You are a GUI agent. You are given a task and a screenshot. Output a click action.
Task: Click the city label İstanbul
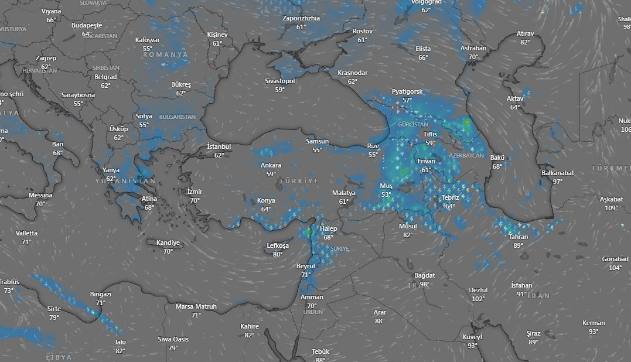[x=219, y=146]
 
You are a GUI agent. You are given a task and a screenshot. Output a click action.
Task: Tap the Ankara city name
[x=271, y=166]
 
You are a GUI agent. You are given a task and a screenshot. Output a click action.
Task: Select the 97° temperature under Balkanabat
[x=557, y=182]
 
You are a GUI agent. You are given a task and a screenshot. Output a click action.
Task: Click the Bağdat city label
[x=424, y=275]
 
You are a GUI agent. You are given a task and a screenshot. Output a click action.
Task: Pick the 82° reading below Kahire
[x=250, y=335]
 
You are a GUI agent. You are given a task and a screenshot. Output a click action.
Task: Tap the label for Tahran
[x=518, y=237]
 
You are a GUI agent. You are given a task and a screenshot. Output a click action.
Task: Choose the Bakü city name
[x=497, y=158]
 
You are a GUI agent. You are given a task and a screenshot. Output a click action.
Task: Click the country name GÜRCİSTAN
[x=413, y=125]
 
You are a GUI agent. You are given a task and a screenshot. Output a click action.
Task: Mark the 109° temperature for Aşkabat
[x=612, y=208]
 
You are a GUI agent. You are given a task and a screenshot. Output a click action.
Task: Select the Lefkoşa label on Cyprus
[x=278, y=246]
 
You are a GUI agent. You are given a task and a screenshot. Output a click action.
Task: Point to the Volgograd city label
[x=426, y=2]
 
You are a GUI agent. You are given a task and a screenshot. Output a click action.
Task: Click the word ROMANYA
[x=166, y=54]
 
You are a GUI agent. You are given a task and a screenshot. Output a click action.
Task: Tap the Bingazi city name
[x=100, y=294]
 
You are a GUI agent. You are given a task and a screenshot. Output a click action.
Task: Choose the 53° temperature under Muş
[x=386, y=194]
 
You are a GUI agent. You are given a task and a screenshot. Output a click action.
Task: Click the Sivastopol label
[x=280, y=81]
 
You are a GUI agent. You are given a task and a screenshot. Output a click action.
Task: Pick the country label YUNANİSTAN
[x=125, y=181]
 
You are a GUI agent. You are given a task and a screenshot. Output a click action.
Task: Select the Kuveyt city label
[x=472, y=337]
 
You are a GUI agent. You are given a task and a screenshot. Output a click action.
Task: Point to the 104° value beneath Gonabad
[x=615, y=268]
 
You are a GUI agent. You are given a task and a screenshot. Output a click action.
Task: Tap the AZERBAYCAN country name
[x=466, y=156]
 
